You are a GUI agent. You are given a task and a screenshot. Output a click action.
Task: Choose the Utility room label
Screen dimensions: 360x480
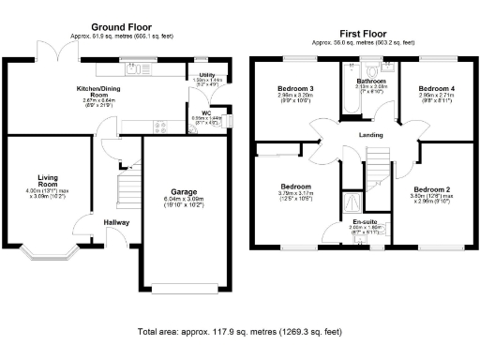[x=206, y=74]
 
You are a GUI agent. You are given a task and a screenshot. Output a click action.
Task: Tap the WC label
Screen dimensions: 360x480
[x=205, y=112]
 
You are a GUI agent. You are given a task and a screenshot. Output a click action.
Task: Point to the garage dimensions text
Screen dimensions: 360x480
[x=184, y=202]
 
